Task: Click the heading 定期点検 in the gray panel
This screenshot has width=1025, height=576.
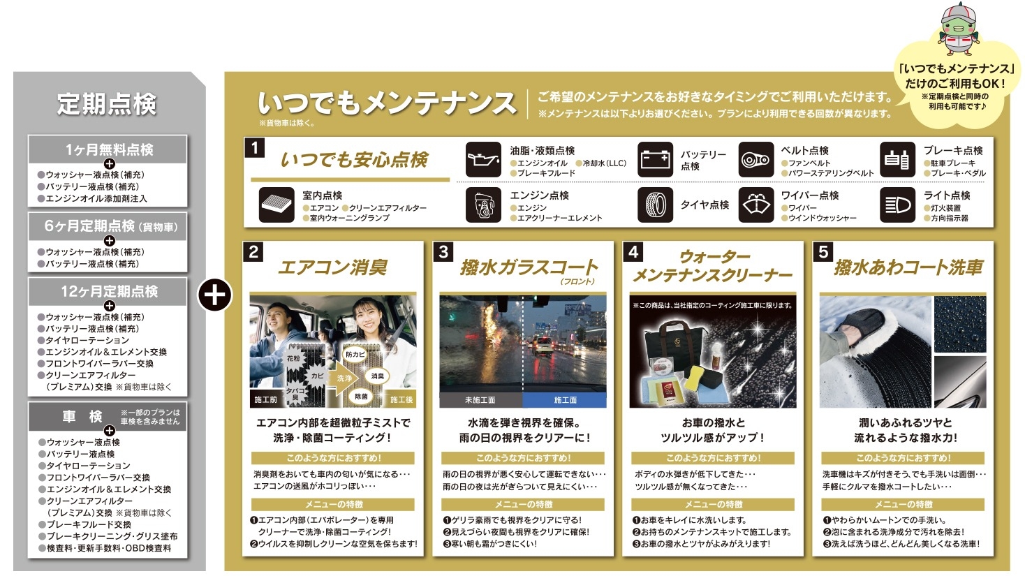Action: point(107,104)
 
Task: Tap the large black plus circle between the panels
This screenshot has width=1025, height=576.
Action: point(214,295)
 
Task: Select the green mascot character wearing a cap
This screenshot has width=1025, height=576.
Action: point(958,29)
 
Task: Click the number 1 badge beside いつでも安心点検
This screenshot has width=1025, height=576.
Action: point(254,148)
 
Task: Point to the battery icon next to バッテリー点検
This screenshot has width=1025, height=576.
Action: point(655,160)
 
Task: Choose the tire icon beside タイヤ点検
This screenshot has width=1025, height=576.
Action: point(655,205)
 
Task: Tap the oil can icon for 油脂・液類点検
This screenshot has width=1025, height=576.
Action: point(483,160)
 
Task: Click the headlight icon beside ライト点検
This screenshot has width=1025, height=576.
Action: point(897,205)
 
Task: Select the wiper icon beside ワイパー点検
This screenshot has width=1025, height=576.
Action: point(756,205)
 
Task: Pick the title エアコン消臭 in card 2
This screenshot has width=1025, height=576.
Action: point(332,267)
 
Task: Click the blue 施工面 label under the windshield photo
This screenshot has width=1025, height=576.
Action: point(565,400)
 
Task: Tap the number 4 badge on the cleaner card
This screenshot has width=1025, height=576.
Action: point(633,251)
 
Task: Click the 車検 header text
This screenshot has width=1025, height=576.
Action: point(82,417)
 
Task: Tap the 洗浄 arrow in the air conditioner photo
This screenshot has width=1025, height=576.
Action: point(344,378)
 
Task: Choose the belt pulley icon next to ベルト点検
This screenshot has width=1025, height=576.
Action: point(756,160)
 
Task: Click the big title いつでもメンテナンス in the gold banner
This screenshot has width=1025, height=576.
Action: point(387,103)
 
